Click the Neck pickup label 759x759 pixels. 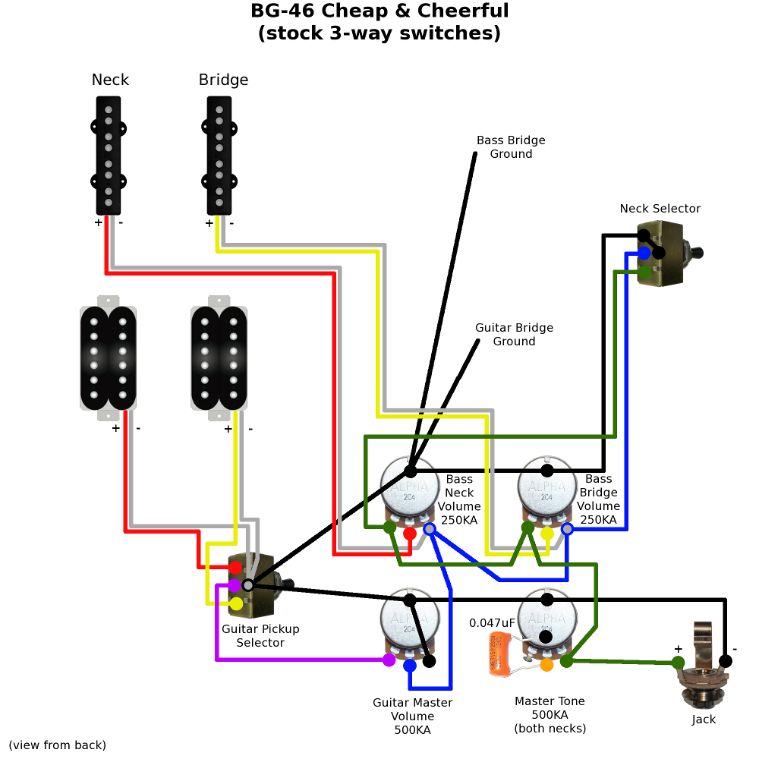pyautogui.click(x=110, y=80)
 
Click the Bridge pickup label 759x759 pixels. pyautogui.click(x=223, y=80)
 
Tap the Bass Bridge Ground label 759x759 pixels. pyautogui.click(x=511, y=147)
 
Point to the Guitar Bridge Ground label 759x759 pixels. pyautogui.click(x=514, y=335)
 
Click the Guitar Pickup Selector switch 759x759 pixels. pyautogui.click(x=250, y=584)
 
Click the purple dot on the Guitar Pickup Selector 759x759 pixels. pyautogui.click(x=235, y=585)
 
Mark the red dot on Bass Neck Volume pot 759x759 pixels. pyautogui.click(x=410, y=534)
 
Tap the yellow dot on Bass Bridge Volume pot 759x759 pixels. pyautogui.click(x=546, y=534)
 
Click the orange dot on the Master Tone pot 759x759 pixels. pyautogui.click(x=546, y=665)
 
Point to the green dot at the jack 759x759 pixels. pyautogui.click(x=678, y=663)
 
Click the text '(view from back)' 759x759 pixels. pyautogui.click(x=58, y=745)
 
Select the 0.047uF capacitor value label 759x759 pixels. pyautogui.click(x=492, y=623)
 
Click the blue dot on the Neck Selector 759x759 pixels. pyautogui.click(x=644, y=253)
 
